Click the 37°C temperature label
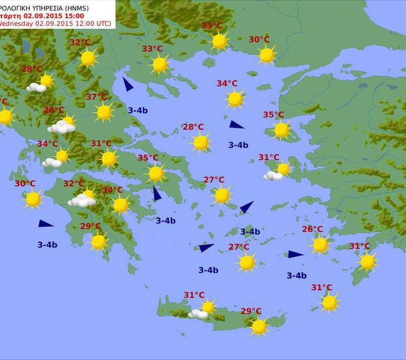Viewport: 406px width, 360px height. coord(97,97)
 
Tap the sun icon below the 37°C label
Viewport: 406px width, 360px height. coord(104,112)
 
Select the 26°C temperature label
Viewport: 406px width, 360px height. coord(312,229)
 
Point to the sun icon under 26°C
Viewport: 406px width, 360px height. coord(320,245)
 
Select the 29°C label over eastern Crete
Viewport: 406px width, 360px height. coord(251,311)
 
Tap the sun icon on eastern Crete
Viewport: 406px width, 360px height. coord(258,326)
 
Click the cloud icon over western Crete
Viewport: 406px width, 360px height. coord(199,314)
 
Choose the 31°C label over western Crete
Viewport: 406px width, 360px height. coord(194,295)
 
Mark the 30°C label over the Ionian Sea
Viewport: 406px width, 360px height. coord(25,184)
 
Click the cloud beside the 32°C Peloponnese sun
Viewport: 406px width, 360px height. coord(82,201)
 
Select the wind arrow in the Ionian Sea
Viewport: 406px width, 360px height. coord(46,224)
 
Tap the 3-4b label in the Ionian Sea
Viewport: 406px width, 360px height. coord(48,245)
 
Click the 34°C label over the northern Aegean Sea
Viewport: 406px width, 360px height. coord(227,84)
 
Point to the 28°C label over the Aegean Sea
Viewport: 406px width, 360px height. coord(193,127)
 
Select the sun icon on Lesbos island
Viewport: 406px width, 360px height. coord(281,130)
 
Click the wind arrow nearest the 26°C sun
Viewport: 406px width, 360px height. coord(296,255)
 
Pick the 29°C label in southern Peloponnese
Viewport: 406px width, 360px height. coord(91,226)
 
